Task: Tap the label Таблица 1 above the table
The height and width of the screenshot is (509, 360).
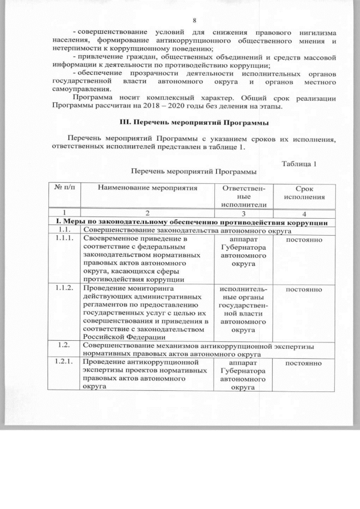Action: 299,164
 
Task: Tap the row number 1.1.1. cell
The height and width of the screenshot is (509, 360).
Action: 64,238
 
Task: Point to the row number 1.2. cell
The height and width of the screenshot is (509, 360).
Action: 64,344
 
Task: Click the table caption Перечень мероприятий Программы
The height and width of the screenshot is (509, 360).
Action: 190,170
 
